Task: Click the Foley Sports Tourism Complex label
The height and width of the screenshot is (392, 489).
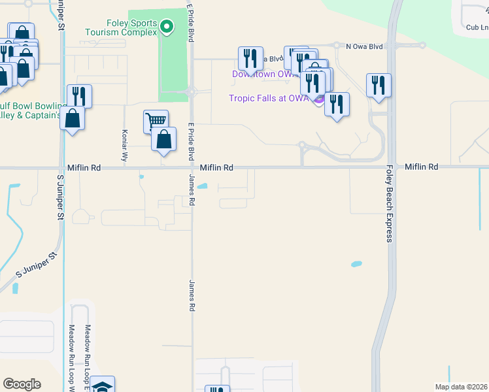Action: click(122, 27)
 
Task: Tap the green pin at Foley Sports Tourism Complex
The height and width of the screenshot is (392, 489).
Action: click(167, 27)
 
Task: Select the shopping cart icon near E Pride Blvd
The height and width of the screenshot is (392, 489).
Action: click(156, 121)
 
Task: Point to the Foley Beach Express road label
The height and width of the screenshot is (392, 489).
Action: click(389, 203)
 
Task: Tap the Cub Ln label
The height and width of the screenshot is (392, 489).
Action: click(477, 27)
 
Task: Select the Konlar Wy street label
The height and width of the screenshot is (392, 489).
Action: click(124, 145)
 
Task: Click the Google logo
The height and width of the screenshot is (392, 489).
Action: click(22, 384)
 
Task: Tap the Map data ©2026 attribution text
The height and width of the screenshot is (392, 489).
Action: click(461, 387)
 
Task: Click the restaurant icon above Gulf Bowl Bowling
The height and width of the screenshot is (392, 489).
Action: click(79, 95)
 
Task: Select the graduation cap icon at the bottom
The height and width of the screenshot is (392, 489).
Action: click(103, 386)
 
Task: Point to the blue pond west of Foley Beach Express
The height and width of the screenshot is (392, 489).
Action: click(356, 264)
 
